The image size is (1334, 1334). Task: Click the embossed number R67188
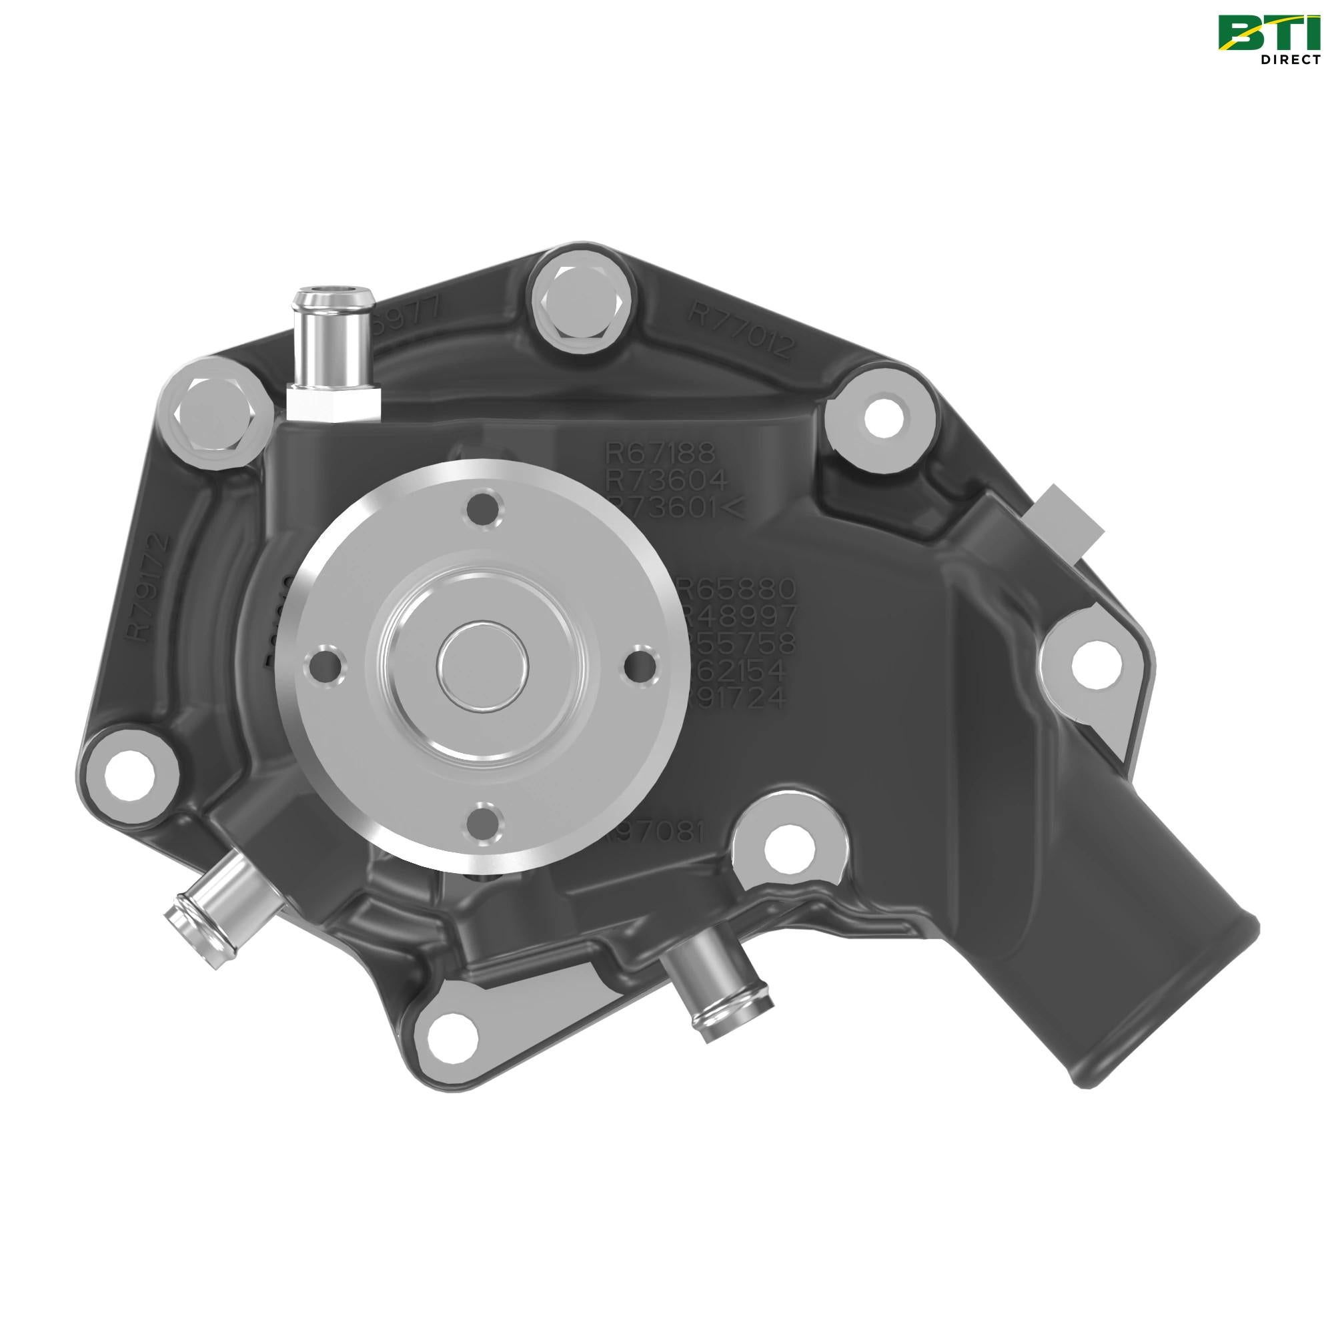650,454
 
